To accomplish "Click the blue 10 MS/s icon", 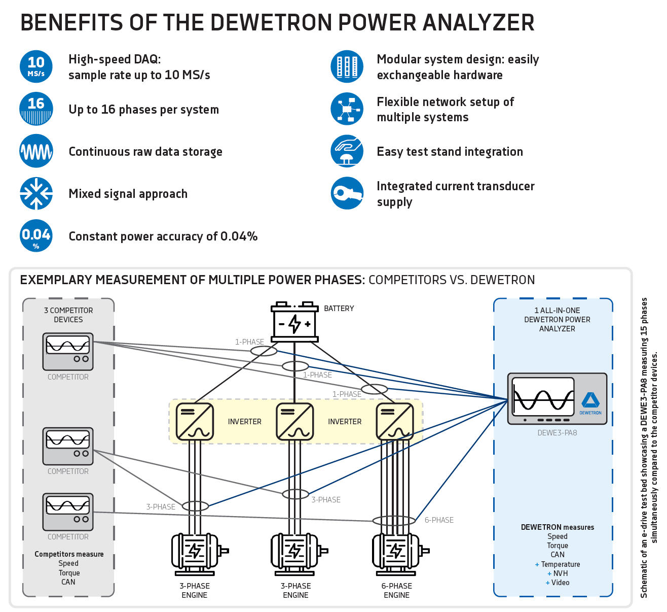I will pos(36,66).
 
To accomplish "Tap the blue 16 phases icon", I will pos(36,109).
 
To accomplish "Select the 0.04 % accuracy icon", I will pos(36,236).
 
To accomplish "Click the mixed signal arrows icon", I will pos(36,193).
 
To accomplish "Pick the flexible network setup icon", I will pos(347,109).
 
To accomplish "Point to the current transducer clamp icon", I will pos(347,193).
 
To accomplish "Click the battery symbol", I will pos(294,322).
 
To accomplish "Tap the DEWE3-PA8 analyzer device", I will pos(557,399).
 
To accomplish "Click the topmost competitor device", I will pos(68,351).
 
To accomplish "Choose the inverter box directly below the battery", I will pos(294,422).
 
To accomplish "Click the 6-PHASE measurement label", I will pos(439,520).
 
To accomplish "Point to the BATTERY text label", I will pos(339,309).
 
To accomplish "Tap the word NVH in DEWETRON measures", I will pos(561,573).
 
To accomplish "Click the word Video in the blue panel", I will pos(560,583).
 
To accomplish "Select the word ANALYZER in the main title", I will pos(478,23).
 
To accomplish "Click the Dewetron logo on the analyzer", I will pos(590,401).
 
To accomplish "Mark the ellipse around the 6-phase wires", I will pos(394,521).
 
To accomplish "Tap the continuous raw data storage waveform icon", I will pos(36,151).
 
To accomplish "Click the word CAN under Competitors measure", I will pos(68,582).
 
